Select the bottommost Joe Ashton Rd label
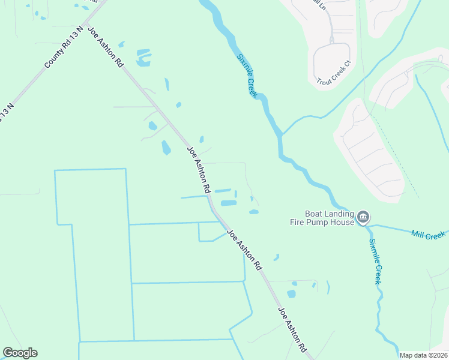292,329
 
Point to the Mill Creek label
428,234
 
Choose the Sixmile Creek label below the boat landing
375,262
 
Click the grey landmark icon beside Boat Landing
363,217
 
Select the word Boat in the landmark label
314,213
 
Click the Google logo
20,353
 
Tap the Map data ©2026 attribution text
424,355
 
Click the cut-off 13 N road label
5,113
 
